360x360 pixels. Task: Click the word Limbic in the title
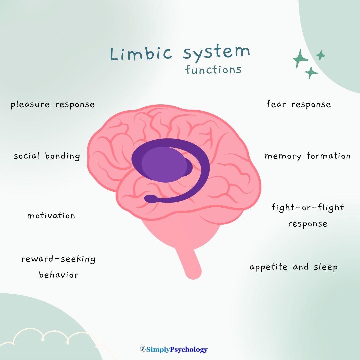point(141,53)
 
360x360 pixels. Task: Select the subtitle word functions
point(213,70)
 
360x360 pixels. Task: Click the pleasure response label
point(53,105)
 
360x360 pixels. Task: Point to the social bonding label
point(47,156)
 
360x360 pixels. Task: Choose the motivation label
point(51,216)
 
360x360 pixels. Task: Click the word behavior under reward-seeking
point(58,275)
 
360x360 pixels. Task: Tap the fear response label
point(299,104)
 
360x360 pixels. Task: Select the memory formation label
point(308,156)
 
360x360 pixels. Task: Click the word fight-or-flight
point(308,207)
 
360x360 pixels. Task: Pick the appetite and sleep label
point(294,267)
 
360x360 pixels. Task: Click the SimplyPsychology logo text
point(177,349)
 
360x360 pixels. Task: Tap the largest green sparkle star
point(301,59)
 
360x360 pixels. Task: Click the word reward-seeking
point(58,259)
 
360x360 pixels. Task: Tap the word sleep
point(325,267)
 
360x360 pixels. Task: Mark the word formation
point(328,156)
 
